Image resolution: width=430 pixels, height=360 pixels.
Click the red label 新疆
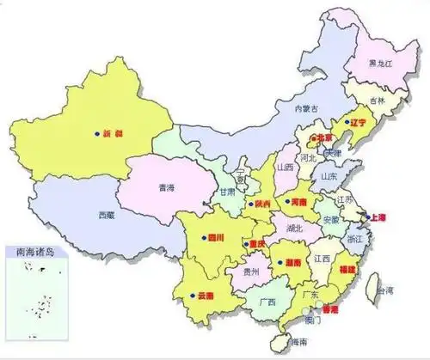[x=113, y=134]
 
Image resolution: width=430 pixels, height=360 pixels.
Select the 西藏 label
[x=105, y=214]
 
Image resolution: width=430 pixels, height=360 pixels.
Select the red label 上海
[x=377, y=217]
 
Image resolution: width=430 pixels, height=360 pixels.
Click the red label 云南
[x=206, y=296]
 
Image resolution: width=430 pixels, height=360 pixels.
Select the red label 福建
[x=347, y=270]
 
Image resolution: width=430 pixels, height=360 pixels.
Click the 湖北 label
[x=294, y=229]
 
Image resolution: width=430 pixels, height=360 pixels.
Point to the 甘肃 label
[x=227, y=192]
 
